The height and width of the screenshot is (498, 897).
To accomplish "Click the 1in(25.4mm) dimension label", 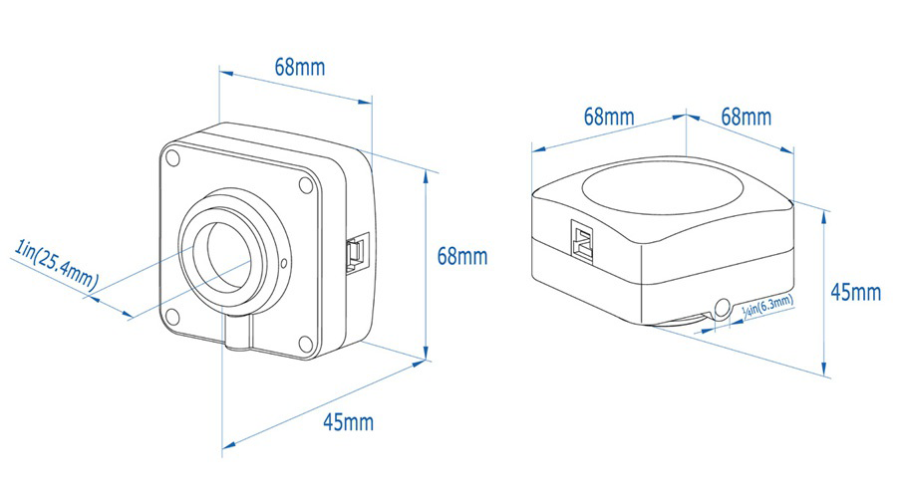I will pos(57,265).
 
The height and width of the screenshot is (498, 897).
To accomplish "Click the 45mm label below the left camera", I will pos(348,422).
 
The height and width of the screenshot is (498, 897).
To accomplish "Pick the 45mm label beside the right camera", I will pos(856,293).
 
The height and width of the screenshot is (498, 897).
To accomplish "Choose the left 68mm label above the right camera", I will pos(609,116).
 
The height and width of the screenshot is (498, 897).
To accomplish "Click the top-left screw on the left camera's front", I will pos(173,157).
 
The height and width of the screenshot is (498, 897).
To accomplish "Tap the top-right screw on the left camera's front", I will pos(303,185).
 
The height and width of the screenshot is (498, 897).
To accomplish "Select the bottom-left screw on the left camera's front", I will pos(173,316).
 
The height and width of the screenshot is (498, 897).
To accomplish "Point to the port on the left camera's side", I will pos(356,255).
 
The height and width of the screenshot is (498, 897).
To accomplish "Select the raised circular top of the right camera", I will pos(663,194).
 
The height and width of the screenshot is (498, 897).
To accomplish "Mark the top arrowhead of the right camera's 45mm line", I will pos(824,211).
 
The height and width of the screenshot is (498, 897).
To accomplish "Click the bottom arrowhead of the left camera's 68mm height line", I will pos(427,357).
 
